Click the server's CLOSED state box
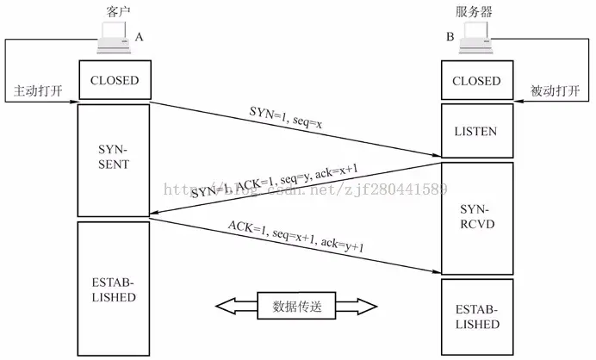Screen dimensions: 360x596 [475, 81]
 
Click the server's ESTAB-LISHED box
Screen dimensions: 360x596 [475, 317]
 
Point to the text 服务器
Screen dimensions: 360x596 [475, 10]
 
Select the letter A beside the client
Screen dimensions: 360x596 [140, 37]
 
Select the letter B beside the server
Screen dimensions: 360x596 [450, 37]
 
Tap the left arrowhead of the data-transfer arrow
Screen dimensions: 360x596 [226, 306]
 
